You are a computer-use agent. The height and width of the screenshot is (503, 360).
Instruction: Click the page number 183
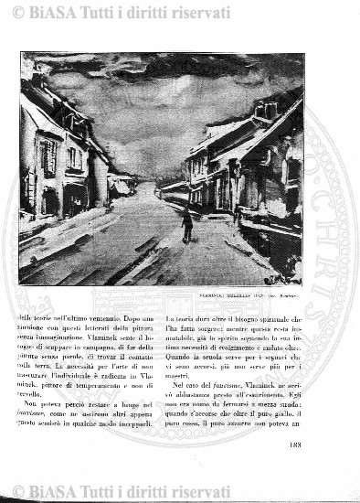pos(293,445)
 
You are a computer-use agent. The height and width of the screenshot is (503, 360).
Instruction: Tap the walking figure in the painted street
pos(186,224)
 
